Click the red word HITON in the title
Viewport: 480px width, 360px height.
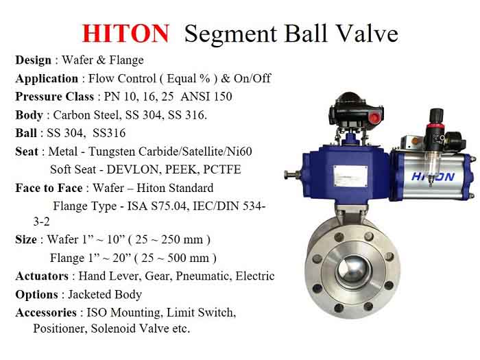click(125, 34)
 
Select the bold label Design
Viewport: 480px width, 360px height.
click(34, 60)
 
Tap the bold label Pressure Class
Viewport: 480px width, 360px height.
click(54, 97)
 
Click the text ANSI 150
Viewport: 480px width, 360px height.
click(206, 97)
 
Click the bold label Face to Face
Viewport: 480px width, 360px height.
click(49, 188)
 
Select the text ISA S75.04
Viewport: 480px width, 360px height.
click(157, 206)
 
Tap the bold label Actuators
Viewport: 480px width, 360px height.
click(42, 276)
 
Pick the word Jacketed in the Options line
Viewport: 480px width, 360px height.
click(86, 294)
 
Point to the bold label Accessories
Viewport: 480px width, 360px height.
click(46, 313)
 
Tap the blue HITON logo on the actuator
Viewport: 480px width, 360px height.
click(433, 177)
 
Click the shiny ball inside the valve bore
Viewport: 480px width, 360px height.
click(353, 272)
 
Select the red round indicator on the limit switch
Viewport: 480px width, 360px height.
click(374, 117)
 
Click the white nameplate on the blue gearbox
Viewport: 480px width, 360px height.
click(350, 176)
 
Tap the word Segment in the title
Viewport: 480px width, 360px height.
click(231, 34)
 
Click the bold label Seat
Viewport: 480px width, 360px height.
click(27, 152)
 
